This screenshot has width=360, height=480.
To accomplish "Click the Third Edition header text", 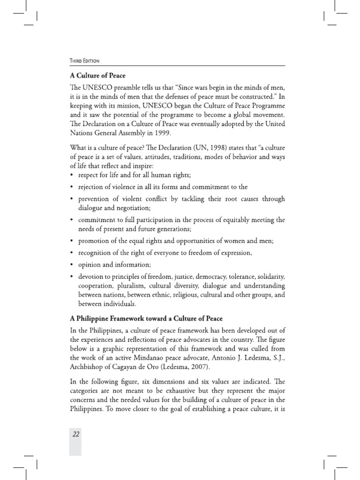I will tap(84, 60).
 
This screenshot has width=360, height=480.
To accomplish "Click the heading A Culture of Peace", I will tap(97, 75).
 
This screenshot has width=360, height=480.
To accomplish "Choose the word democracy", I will tap(202, 276).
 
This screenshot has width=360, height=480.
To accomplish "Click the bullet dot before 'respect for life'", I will tap(71, 175).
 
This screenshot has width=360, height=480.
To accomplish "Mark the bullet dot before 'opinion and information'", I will tap(71, 264).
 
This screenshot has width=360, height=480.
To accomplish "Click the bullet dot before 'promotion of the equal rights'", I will tap(71, 241).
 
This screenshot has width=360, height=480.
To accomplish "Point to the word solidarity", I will tap(269, 276).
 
